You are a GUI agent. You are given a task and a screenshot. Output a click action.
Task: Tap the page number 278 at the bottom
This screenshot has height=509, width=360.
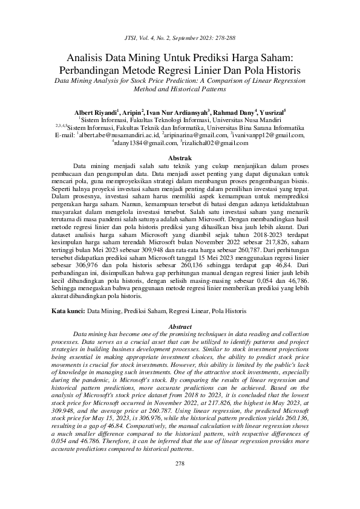[x=179, y=480]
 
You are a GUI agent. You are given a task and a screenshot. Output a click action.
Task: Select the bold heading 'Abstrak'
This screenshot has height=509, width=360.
[x=179, y=157]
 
